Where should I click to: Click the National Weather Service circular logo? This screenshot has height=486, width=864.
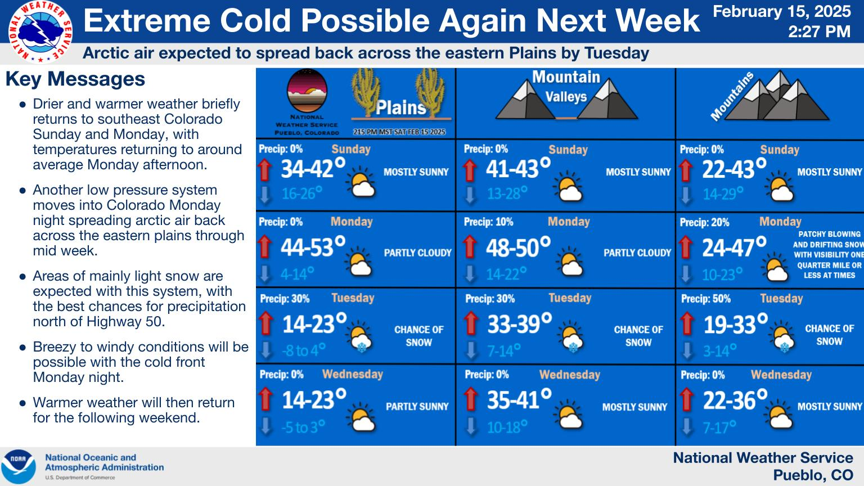coord(40,31)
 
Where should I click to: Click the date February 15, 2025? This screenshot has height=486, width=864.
coord(781,12)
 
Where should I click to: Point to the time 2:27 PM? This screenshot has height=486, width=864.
coord(819,31)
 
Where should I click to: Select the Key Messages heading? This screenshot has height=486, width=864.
coord(75,79)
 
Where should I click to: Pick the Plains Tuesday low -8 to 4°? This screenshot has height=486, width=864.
coord(304,350)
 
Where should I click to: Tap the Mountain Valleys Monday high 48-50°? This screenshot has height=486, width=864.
coord(518,247)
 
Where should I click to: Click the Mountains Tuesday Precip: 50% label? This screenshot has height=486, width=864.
coord(706,299)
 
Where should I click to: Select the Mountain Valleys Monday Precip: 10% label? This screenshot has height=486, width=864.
coord(488,222)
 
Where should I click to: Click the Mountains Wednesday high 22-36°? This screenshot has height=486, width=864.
coord(735,399)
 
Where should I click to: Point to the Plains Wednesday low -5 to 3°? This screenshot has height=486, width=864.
coord(303,427)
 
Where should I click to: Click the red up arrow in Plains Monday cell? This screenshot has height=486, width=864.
coord(264,246)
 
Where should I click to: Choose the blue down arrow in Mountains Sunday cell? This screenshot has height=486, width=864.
coord(686,195)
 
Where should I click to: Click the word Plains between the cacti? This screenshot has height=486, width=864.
coord(400,107)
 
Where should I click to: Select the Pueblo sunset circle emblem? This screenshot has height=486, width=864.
coord(307,91)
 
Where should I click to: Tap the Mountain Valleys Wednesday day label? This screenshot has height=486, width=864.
coord(570,375)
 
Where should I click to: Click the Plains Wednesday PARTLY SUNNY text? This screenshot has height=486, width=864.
coord(417,407)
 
